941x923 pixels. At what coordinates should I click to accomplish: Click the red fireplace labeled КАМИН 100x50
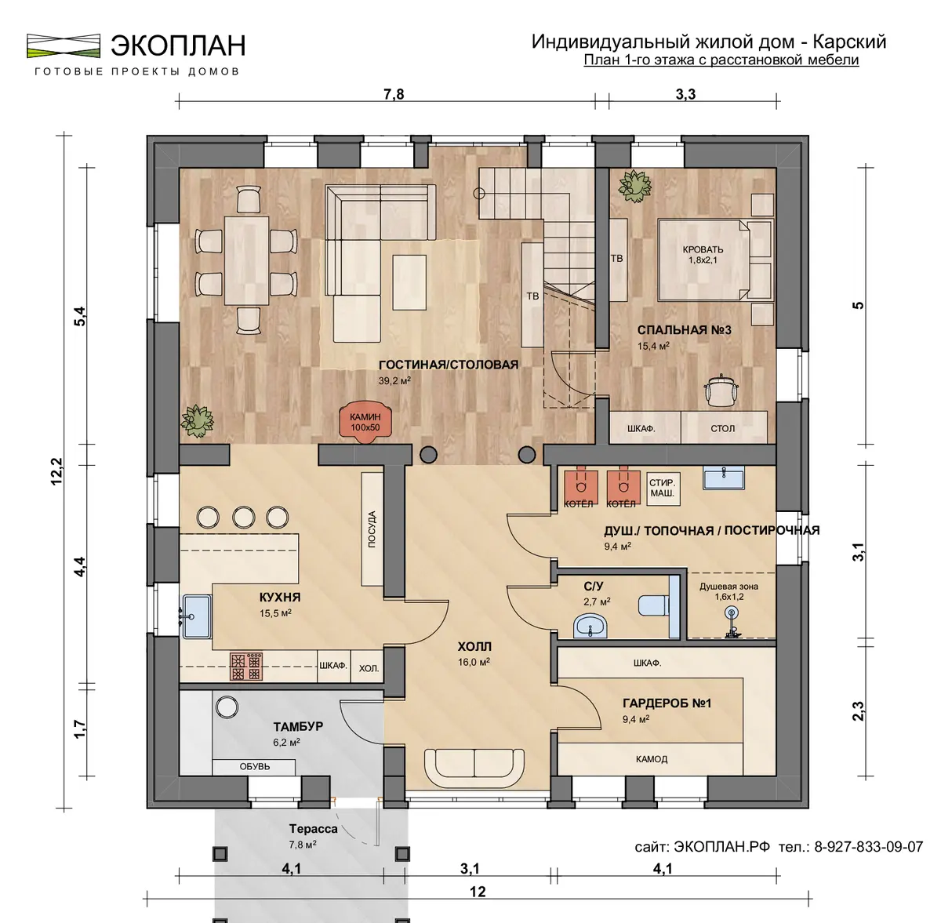tap(365, 423)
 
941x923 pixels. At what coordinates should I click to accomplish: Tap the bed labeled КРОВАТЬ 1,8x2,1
tap(715, 260)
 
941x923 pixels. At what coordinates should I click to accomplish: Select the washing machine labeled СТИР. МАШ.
tap(663, 488)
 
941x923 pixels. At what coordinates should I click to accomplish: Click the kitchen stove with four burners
tap(246, 666)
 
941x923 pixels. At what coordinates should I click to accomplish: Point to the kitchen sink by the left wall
tap(197, 616)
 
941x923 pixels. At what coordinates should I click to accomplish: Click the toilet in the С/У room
tap(653, 605)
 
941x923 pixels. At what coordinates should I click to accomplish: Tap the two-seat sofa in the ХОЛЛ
tap(474, 767)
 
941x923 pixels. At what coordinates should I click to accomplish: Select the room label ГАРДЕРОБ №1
tap(667, 703)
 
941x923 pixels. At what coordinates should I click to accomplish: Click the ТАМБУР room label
tap(298, 726)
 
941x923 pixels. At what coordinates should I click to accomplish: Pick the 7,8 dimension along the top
tap(394, 94)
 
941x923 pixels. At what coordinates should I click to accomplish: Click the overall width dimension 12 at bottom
tap(478, 892)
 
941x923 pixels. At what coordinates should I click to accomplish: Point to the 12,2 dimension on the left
tap(56, 471)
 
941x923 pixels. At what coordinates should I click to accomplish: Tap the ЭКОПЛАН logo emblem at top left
tap(64, 46)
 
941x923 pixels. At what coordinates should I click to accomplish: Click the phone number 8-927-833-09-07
tap(868, 846)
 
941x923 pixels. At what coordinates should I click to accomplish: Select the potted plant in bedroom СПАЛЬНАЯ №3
tap(635, 186)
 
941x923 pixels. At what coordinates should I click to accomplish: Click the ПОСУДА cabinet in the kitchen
tap(372, 529)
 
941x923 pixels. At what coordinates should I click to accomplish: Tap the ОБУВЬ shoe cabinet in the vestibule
tap(254, 767)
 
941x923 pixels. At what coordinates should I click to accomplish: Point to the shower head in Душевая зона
tap(731, 612)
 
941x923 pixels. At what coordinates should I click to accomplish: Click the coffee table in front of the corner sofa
tap(409, 282)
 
